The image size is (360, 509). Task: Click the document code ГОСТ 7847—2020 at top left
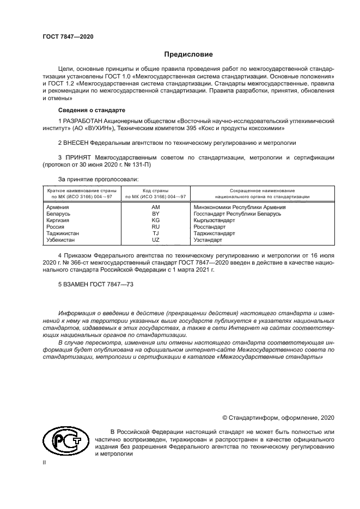click(x=68, y=36)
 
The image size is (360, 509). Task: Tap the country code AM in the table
click(x=156, y=207)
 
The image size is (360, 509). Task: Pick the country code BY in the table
click(x=156, y=214)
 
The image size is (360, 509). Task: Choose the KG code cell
click(x=156, y=220)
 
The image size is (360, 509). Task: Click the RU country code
click(x=156, y=227)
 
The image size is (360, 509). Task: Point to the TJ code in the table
click(x=156, y=234)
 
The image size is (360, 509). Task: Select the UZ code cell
click(x=156, y=240)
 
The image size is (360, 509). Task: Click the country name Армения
click(x=58, y=207)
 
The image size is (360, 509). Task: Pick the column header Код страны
click(x=156, y=191)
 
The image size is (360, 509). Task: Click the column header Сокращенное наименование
click(x=263, y=191)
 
